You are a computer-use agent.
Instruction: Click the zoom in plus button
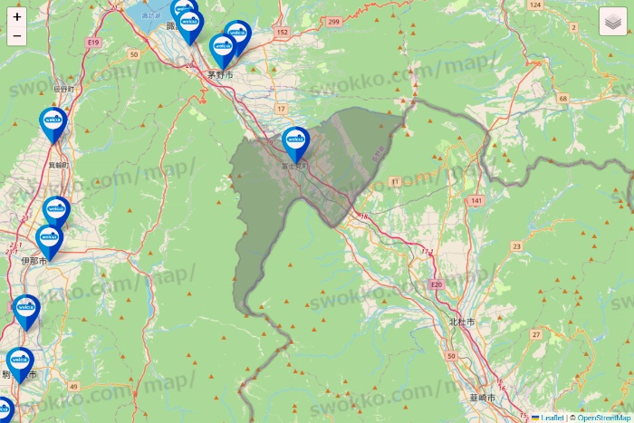tap(17, 16)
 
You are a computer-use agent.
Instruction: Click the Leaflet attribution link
tap(552, 418)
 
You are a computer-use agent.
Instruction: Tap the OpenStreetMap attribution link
tap(601, 418)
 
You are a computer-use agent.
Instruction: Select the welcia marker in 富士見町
tap(295, 143)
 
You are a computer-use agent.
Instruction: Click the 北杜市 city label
tap(460, 322)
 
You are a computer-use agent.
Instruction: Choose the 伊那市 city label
tap(34, 260)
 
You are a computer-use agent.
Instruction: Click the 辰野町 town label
tap(62, 89)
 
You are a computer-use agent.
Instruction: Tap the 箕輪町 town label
tap(59, 165)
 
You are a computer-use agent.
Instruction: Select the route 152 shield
tap(282, 32)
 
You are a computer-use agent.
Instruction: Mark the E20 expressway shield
tap(437, 284)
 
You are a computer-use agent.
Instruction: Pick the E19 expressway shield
tap(92, 42)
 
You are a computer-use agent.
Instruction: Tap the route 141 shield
tap(476, 200)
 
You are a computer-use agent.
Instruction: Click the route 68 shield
tap(562, 98)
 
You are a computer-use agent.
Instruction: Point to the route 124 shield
tap(534, 5)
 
